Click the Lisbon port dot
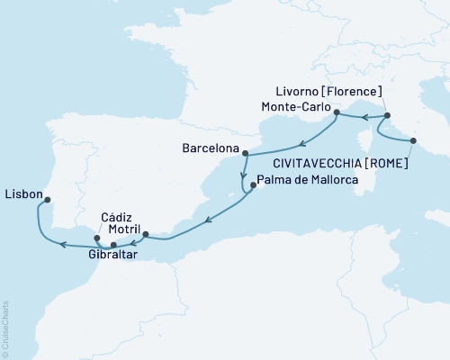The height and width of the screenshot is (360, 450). pyautogui.click(x=47, y=201)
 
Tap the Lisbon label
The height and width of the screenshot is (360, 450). pyautogui.click(x=22, y=192)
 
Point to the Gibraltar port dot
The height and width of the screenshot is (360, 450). pyautogui.click(x=113, y=245)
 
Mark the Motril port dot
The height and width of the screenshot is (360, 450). pyautogui.click(x=147, y=235)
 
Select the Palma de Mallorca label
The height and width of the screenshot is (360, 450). pyautogui.click(x=308, y=181)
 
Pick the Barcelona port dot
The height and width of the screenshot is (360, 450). pyautogui.click(x=242, y=152)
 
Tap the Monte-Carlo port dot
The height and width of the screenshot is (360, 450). pyautogui.click(x=336, y=112)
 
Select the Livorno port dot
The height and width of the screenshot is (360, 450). pyautogui.click(x=387, y=116)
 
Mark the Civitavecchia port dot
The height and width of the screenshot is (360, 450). pyautogui.click(x=413, y=139)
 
